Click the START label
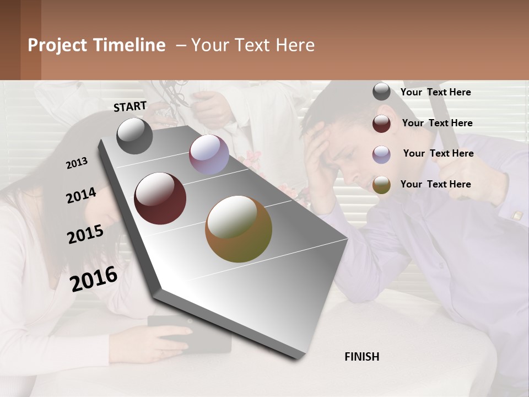tap(130, 106)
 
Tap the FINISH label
tap(361, 357)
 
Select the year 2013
tap(77, 163)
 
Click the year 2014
tap(81, 195)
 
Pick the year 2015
tap(85, 234)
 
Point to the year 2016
tap(94, 278)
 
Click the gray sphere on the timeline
tap(134, 136)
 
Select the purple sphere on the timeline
tap(209, 154)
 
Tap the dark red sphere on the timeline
tap(160, 198)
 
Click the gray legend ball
tap(381, 92)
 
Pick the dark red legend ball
tap(381, 124)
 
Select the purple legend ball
tap(381, 154)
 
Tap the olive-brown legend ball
tap(381, 185)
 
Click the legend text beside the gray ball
tap(435, 93)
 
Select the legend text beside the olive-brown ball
tap(435, 184)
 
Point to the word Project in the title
tap(58, 45)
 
